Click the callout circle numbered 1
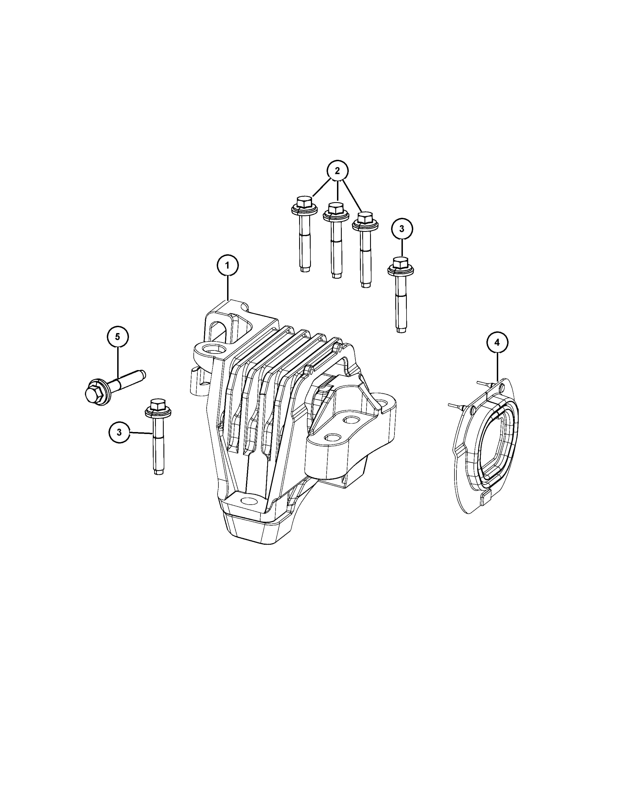(228, 265)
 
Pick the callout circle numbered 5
(117, 337)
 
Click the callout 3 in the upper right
(402, 229)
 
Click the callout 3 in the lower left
(119, 432)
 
